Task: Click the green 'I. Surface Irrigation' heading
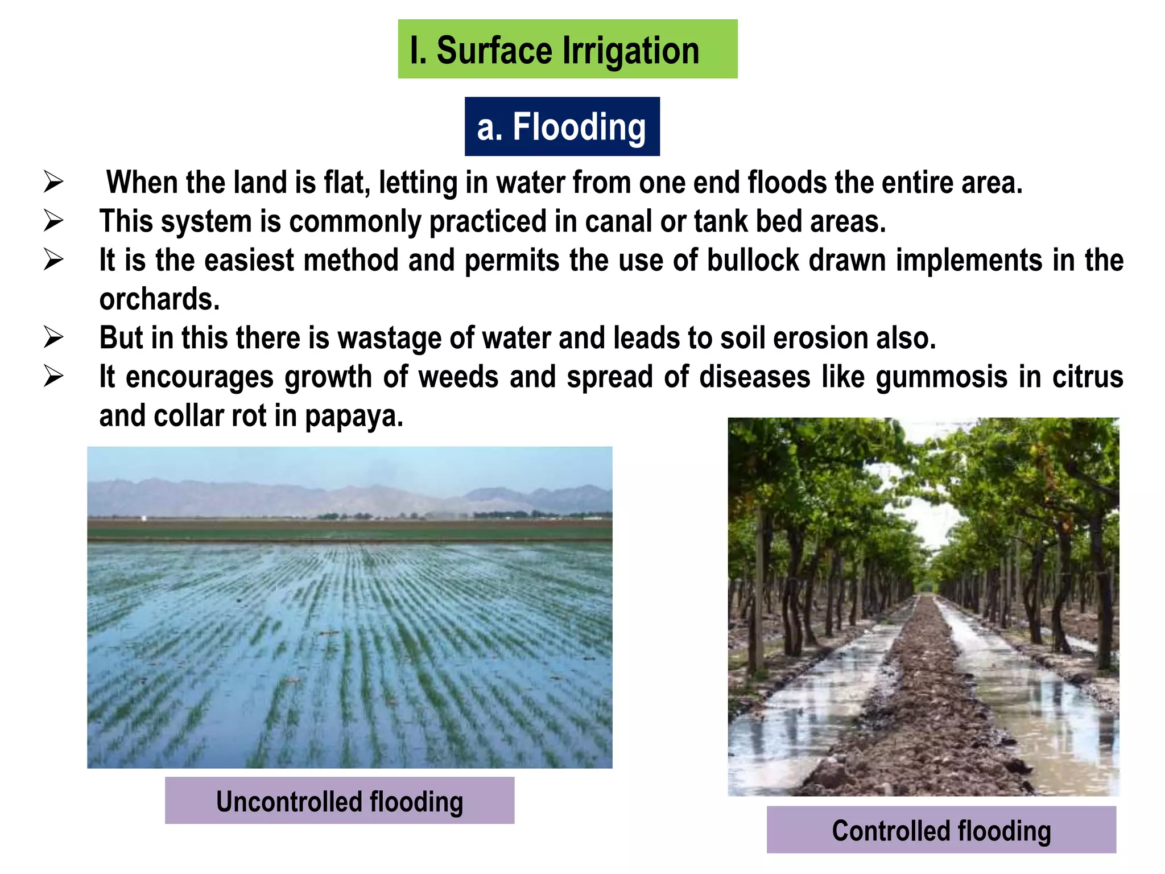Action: pos(567,50)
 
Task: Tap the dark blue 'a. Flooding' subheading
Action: pos(561,126)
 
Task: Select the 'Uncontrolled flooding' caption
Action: pos(340,801)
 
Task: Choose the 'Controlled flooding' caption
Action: pos(941,830)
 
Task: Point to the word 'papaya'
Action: pos(353,417)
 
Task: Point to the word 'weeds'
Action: pos(458,377)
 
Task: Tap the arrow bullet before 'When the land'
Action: pos(53,183)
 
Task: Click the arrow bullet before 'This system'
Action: pos(53,221)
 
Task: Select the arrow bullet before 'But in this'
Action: pos(53,338)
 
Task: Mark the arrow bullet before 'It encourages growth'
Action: pos(53,377)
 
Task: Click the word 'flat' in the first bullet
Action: pos(346,183)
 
